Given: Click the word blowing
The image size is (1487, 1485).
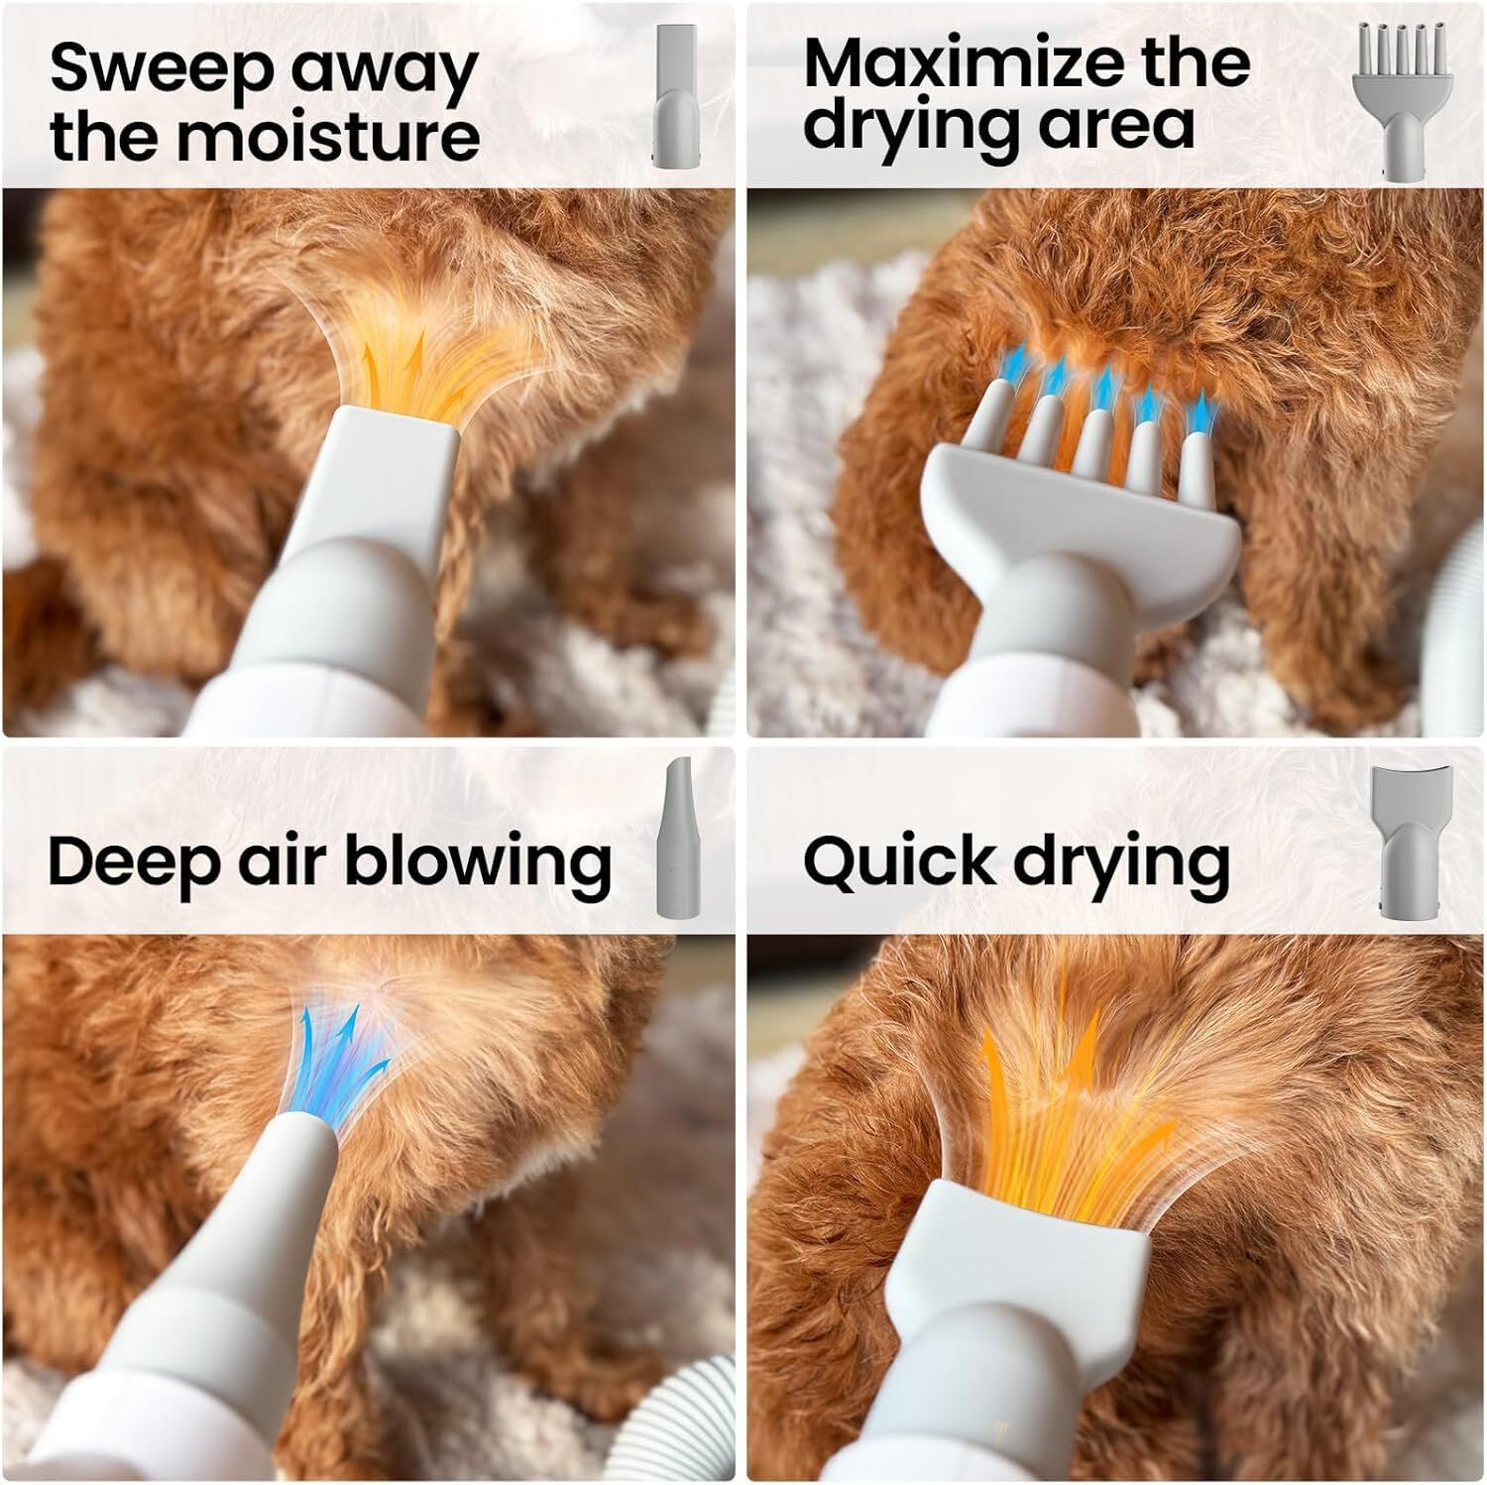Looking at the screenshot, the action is [478, 860].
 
